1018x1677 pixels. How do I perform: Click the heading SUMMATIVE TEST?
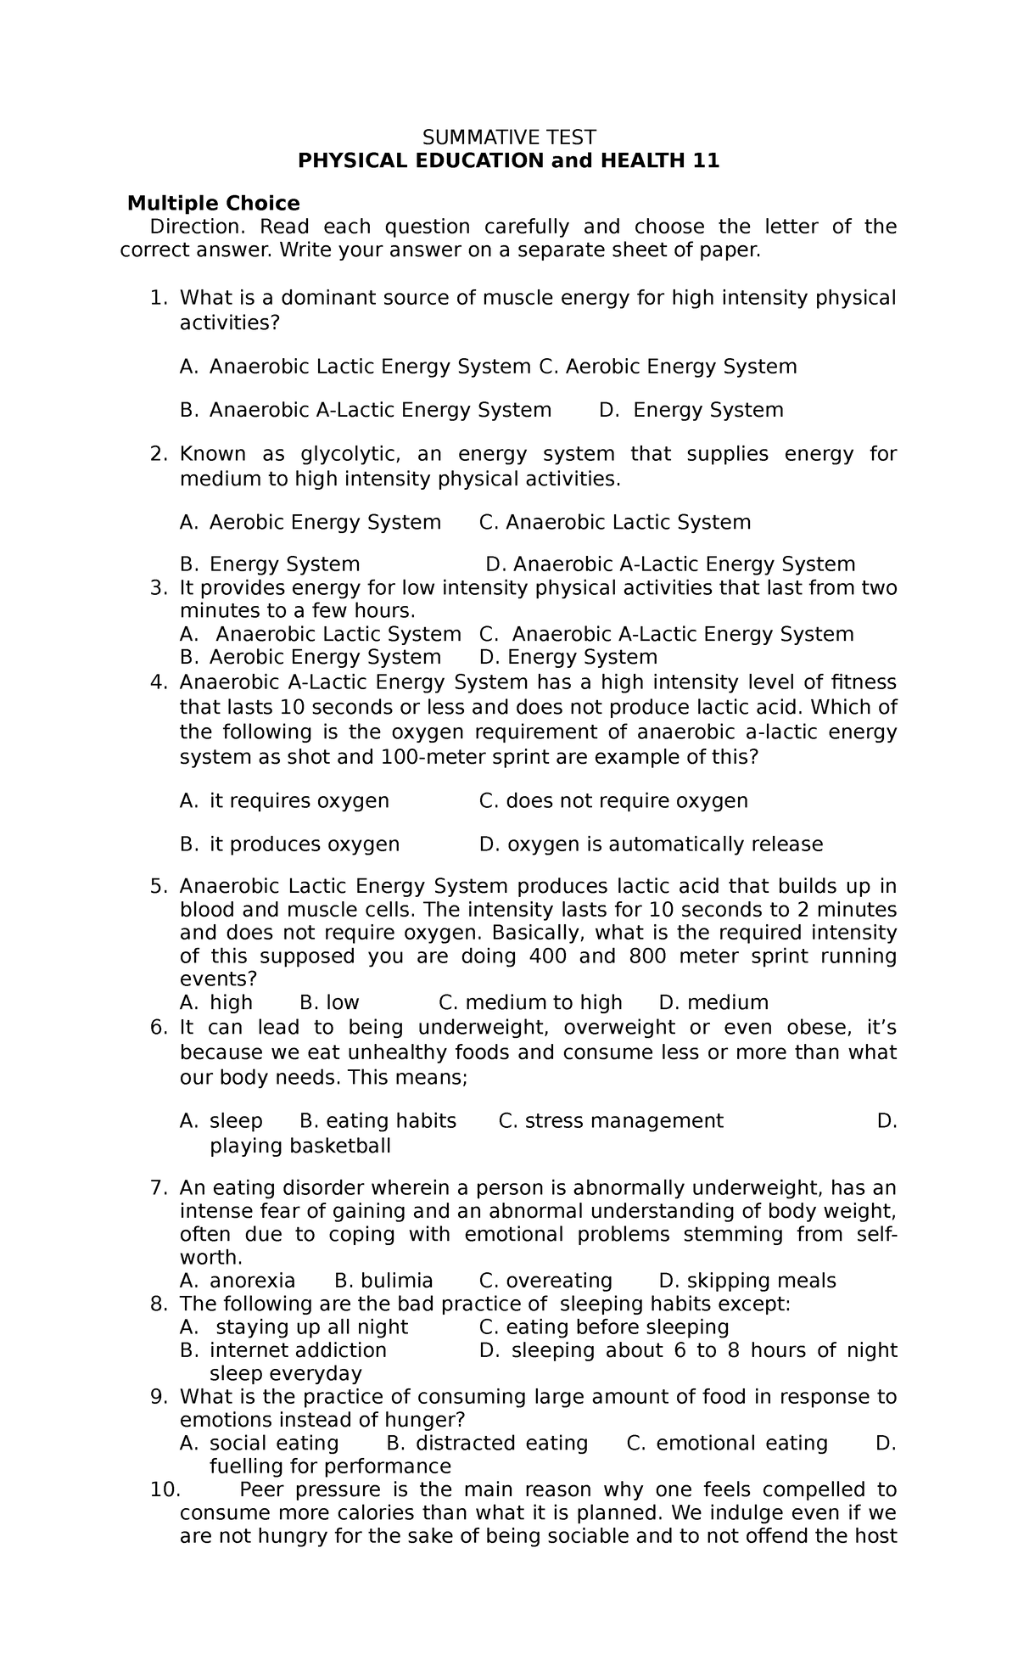point(509,137)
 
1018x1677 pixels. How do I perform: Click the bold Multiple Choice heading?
point(213,203)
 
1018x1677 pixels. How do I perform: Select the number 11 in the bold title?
point(705,160)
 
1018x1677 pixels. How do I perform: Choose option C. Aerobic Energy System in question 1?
point(668,367)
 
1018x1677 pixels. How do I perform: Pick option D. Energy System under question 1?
point(691,410)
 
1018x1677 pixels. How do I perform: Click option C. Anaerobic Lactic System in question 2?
point(615,522)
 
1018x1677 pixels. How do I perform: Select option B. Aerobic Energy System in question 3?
point(310,657)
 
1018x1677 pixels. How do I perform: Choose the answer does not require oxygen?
point(613,800)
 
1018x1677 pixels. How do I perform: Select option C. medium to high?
point(530,1002)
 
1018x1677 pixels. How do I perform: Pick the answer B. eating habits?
point(378,1121)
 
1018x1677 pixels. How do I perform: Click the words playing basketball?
point(300,1147)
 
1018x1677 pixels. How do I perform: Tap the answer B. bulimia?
point(384,1281)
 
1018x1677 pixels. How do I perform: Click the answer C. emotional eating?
point(727,1444)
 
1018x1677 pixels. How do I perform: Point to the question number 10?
point(165,1490)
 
